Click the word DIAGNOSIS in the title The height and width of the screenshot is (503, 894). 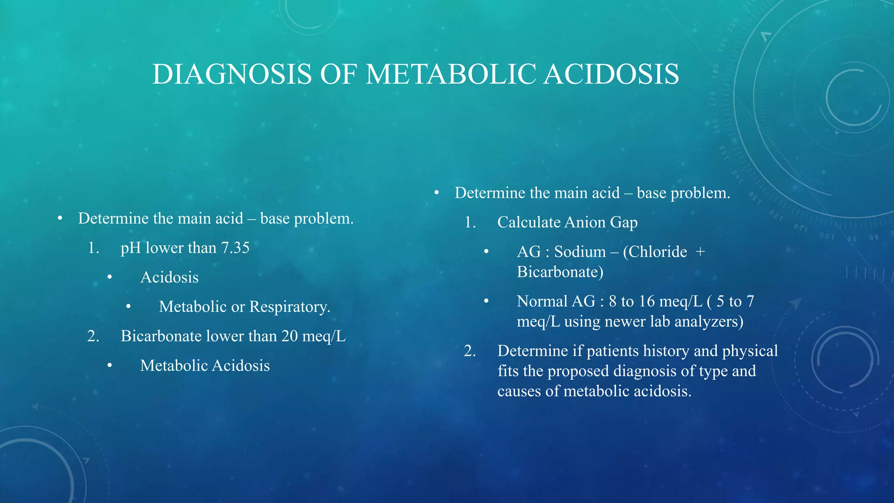(232, 74)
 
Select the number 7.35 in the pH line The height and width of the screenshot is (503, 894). (235, 248)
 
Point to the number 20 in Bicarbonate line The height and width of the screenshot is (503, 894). (289, 336)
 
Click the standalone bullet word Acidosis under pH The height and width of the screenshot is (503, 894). (169, 278)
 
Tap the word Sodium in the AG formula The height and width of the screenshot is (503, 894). (580, 252)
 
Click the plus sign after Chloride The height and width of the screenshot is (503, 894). (700, 252)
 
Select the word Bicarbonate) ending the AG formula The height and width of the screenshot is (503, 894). (560, 272)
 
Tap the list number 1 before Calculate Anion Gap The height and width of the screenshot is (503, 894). (469, 223)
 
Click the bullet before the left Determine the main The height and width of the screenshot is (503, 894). (60, 218)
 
